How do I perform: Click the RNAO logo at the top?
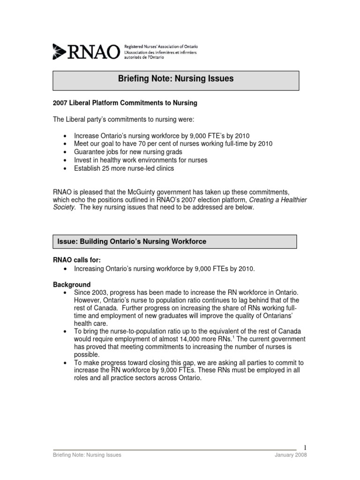[x=86, y=51]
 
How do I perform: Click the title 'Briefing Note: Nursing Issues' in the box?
[x=175, y=79]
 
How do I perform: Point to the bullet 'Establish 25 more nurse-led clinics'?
[x=124, y=168]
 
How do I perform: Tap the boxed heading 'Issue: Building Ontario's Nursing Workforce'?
[x=132, y=241]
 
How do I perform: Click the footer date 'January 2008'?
[x=291, y=455]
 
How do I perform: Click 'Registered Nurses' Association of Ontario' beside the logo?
[x=161, y=47]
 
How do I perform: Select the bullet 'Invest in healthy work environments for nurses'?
[x=141, y=160]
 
